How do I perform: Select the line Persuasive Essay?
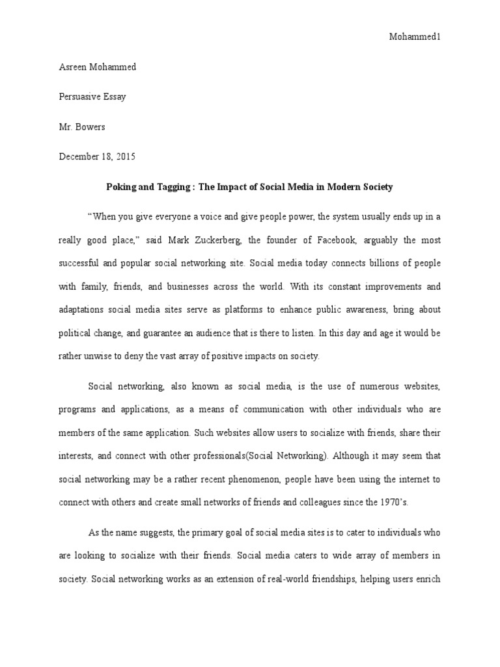[92, 97]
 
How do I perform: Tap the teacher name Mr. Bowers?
[81, 127]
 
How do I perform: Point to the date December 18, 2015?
[98, 157]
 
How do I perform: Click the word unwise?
[95, 356]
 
